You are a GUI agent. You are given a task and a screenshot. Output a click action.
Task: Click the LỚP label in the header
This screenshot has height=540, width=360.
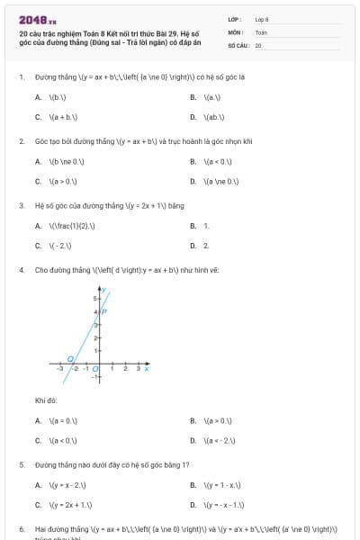(234, 18)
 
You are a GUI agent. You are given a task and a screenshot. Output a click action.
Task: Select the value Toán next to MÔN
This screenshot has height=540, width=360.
(261, 31)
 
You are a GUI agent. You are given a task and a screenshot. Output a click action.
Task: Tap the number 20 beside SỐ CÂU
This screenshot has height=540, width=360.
(258, 44)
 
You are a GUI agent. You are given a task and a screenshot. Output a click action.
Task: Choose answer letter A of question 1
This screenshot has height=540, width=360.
(38, 96)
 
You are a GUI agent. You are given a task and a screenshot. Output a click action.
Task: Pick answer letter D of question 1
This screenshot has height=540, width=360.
(193, 117)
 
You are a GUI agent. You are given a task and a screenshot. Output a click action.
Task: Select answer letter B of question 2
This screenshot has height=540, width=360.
(193, 161)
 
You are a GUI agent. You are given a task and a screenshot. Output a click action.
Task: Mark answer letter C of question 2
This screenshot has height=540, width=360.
(38, 181)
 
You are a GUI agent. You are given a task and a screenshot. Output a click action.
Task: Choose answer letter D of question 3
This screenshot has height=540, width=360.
(193, 245)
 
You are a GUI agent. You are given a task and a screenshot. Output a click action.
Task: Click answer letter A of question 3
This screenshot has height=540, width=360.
(38, 225)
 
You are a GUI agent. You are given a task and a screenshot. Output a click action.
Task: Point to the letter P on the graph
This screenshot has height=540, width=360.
(104, 311)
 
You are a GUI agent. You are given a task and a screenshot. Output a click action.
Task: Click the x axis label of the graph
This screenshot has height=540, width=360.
(146, 368)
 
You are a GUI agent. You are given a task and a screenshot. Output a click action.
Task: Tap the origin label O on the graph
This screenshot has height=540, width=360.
(95, 369)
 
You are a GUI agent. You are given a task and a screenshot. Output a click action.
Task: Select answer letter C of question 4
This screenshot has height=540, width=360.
(38, 440)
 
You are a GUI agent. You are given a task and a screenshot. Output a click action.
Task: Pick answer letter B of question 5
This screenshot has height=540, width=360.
(193, 485)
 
